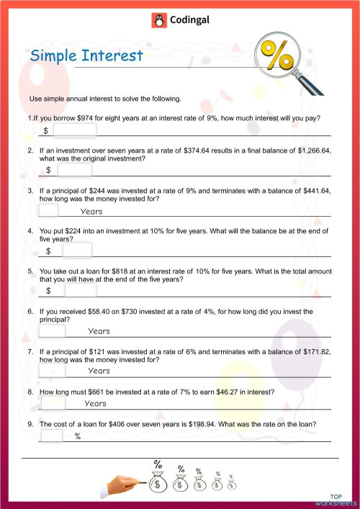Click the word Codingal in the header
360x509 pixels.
tap(189, 21)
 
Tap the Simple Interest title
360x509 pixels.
tap(87, 57)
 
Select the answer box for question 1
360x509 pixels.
tap(74, 130)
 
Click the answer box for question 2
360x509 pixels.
tap(75, 170)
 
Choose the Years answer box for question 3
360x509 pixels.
tap(48, 211)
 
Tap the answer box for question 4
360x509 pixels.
tap(77, 251)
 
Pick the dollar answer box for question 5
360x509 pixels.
tap(80, 290)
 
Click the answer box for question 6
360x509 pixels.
tap(52, 330)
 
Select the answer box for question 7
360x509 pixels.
tap(52, 370)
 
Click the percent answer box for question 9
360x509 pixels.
tap(52, 436)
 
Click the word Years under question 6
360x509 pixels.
tap(99, 330)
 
